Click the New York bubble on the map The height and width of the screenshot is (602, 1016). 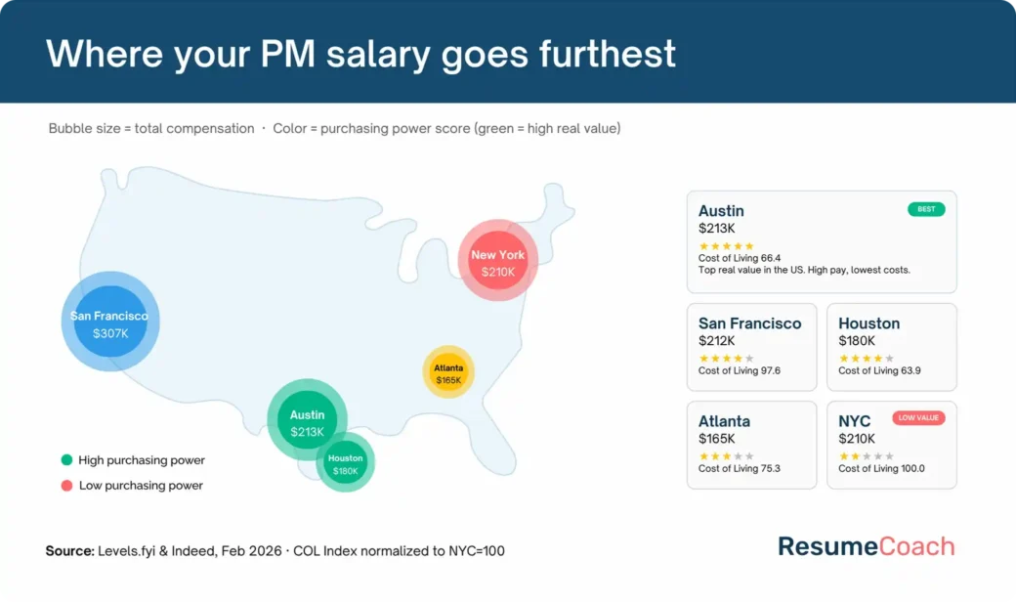coord(498,261)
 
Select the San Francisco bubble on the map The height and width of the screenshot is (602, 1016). coord(110,322)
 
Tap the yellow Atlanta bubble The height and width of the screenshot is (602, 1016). coord(448,372)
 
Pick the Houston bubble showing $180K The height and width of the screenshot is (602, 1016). coord(345,463)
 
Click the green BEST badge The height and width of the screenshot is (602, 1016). coord(926,209)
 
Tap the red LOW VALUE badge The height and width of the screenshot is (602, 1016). coord(918,418)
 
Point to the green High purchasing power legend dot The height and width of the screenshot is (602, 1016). coord(66,460)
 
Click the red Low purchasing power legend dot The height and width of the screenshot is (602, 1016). coord(66,486)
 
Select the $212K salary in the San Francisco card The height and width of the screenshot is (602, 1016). coord(717,341)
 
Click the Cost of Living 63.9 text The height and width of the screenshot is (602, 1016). coord(879,371)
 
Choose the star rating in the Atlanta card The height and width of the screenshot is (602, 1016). coord(726,455)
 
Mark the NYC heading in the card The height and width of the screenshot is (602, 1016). coord(854,421)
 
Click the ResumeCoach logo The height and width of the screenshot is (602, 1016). coord(866,546)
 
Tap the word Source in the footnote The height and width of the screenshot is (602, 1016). coord(69,551)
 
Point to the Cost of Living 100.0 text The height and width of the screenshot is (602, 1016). coord(881,469)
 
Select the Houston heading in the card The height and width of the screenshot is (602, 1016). coord(868,323)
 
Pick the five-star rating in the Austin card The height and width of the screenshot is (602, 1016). coord(726,246)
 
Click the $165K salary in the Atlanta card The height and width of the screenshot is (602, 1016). coord(717,439)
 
